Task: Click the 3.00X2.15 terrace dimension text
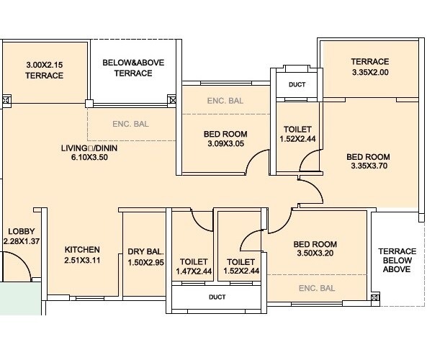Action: (45, 65)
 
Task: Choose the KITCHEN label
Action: (82, 250)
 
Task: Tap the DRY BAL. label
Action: (146, 251)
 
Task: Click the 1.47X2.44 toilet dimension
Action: (194, 271)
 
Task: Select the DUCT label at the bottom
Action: (217, 297)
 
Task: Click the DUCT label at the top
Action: (296, 85)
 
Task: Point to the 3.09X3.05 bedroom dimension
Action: (225, 143)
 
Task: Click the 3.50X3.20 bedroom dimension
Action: (317, 253)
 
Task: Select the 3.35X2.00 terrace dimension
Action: (370, 72)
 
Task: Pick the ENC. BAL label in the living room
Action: (130, 124)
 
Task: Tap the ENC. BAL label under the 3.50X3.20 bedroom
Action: (317, 288)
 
